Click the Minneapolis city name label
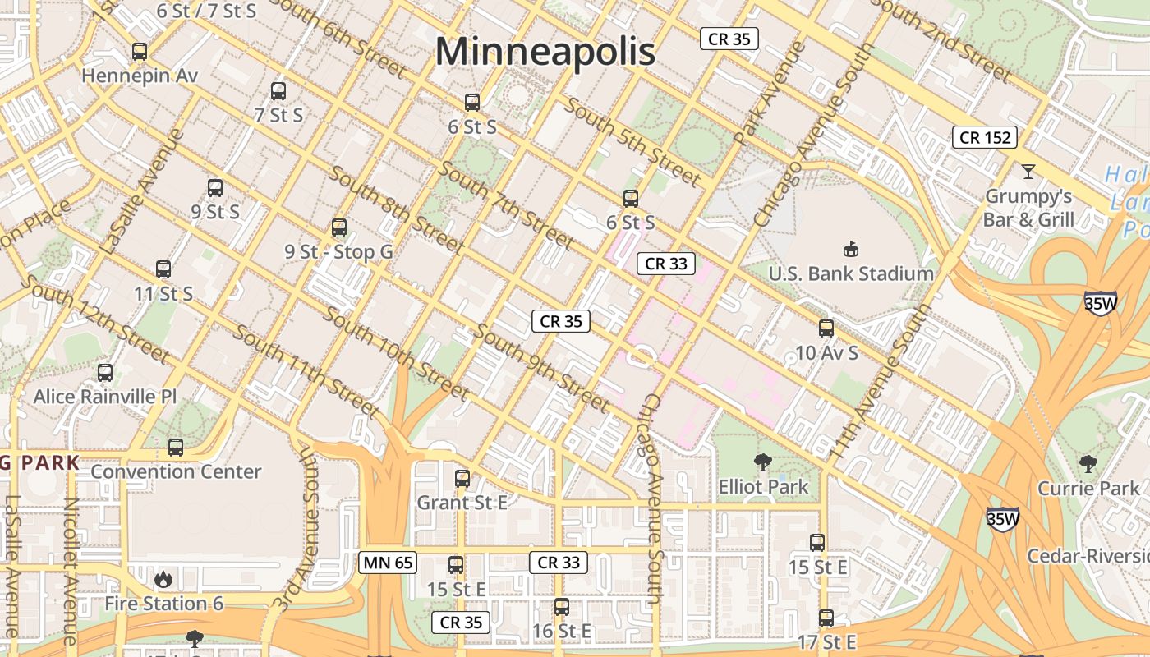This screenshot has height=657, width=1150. (x=545, y=52)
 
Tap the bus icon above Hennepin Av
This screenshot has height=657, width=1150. (x=140, y=52)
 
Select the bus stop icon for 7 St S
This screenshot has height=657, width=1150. (x=278, y=91)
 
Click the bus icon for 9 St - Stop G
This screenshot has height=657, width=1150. (x=339, y=227)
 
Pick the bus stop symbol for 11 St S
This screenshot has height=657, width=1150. (x=163, y=269)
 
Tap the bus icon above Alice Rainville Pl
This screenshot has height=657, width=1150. (x=105, y=373)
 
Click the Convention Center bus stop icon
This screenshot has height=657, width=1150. (x=176, y=448)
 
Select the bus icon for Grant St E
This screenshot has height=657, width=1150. (x=462, y=479)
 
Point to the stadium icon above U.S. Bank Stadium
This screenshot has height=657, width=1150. (x=851, y=249)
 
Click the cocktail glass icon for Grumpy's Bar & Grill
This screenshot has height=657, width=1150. (x=1028, y=172)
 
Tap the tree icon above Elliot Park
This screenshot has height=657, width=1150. (x=763, y=462)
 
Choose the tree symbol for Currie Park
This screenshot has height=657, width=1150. (x=1088, y=464)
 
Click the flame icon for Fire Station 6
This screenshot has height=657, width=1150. (x=163, y=580)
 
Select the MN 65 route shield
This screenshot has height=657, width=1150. (x=388, y=563)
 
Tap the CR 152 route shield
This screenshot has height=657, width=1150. (x=985, y=137)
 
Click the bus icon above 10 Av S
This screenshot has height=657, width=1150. (x=826, y=328)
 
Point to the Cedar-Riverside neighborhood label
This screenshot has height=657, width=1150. (x=1088, y=556)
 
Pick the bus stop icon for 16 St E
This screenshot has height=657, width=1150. (x=562, y=607)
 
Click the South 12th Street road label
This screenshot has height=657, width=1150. (x=94, y=319)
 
